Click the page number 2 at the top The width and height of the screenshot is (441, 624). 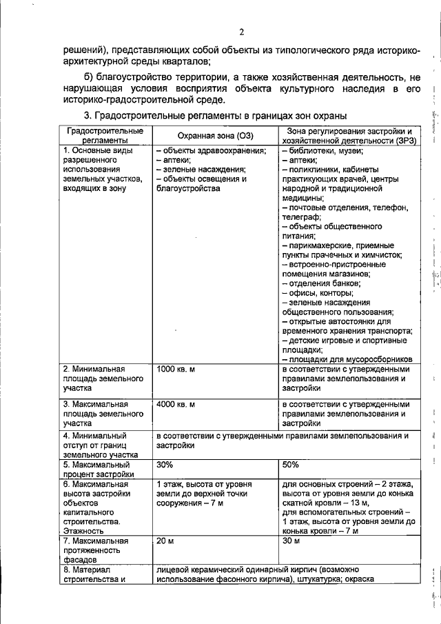click(242, 32)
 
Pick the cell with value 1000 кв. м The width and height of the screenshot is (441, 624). click(176, 370)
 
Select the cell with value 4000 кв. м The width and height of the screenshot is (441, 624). click(176, 404)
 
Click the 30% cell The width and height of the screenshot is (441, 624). click(165, 465)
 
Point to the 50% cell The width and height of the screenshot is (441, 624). click(291, 465)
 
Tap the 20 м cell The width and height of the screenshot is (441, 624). click(165, 540)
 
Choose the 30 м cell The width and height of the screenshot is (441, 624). click(291, 540)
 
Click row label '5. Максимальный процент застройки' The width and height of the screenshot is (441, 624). click(96, 469)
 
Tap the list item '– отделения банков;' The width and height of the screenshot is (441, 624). click(321, 282)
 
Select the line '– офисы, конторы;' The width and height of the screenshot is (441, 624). click(318, 292)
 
